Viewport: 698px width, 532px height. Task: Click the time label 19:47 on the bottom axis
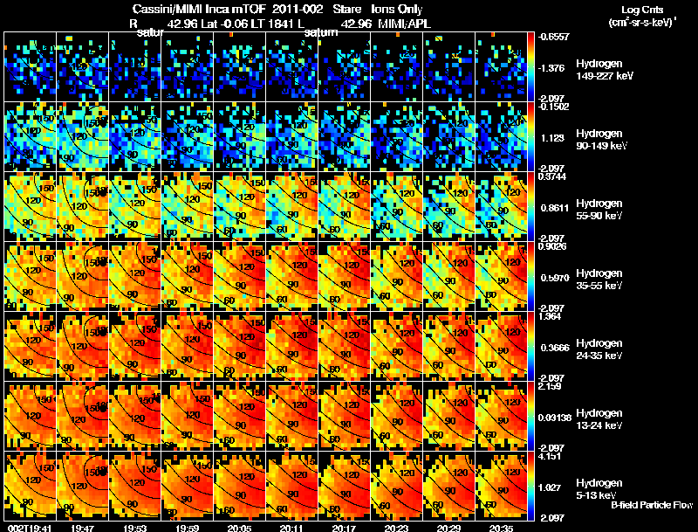pos(83,528)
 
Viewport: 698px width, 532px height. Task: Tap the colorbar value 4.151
pos(549,457)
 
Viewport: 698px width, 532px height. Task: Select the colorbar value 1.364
pos(549,317)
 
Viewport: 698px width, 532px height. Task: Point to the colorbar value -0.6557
pos(552,38)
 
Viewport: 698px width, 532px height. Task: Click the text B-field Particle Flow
pos(652,505)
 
